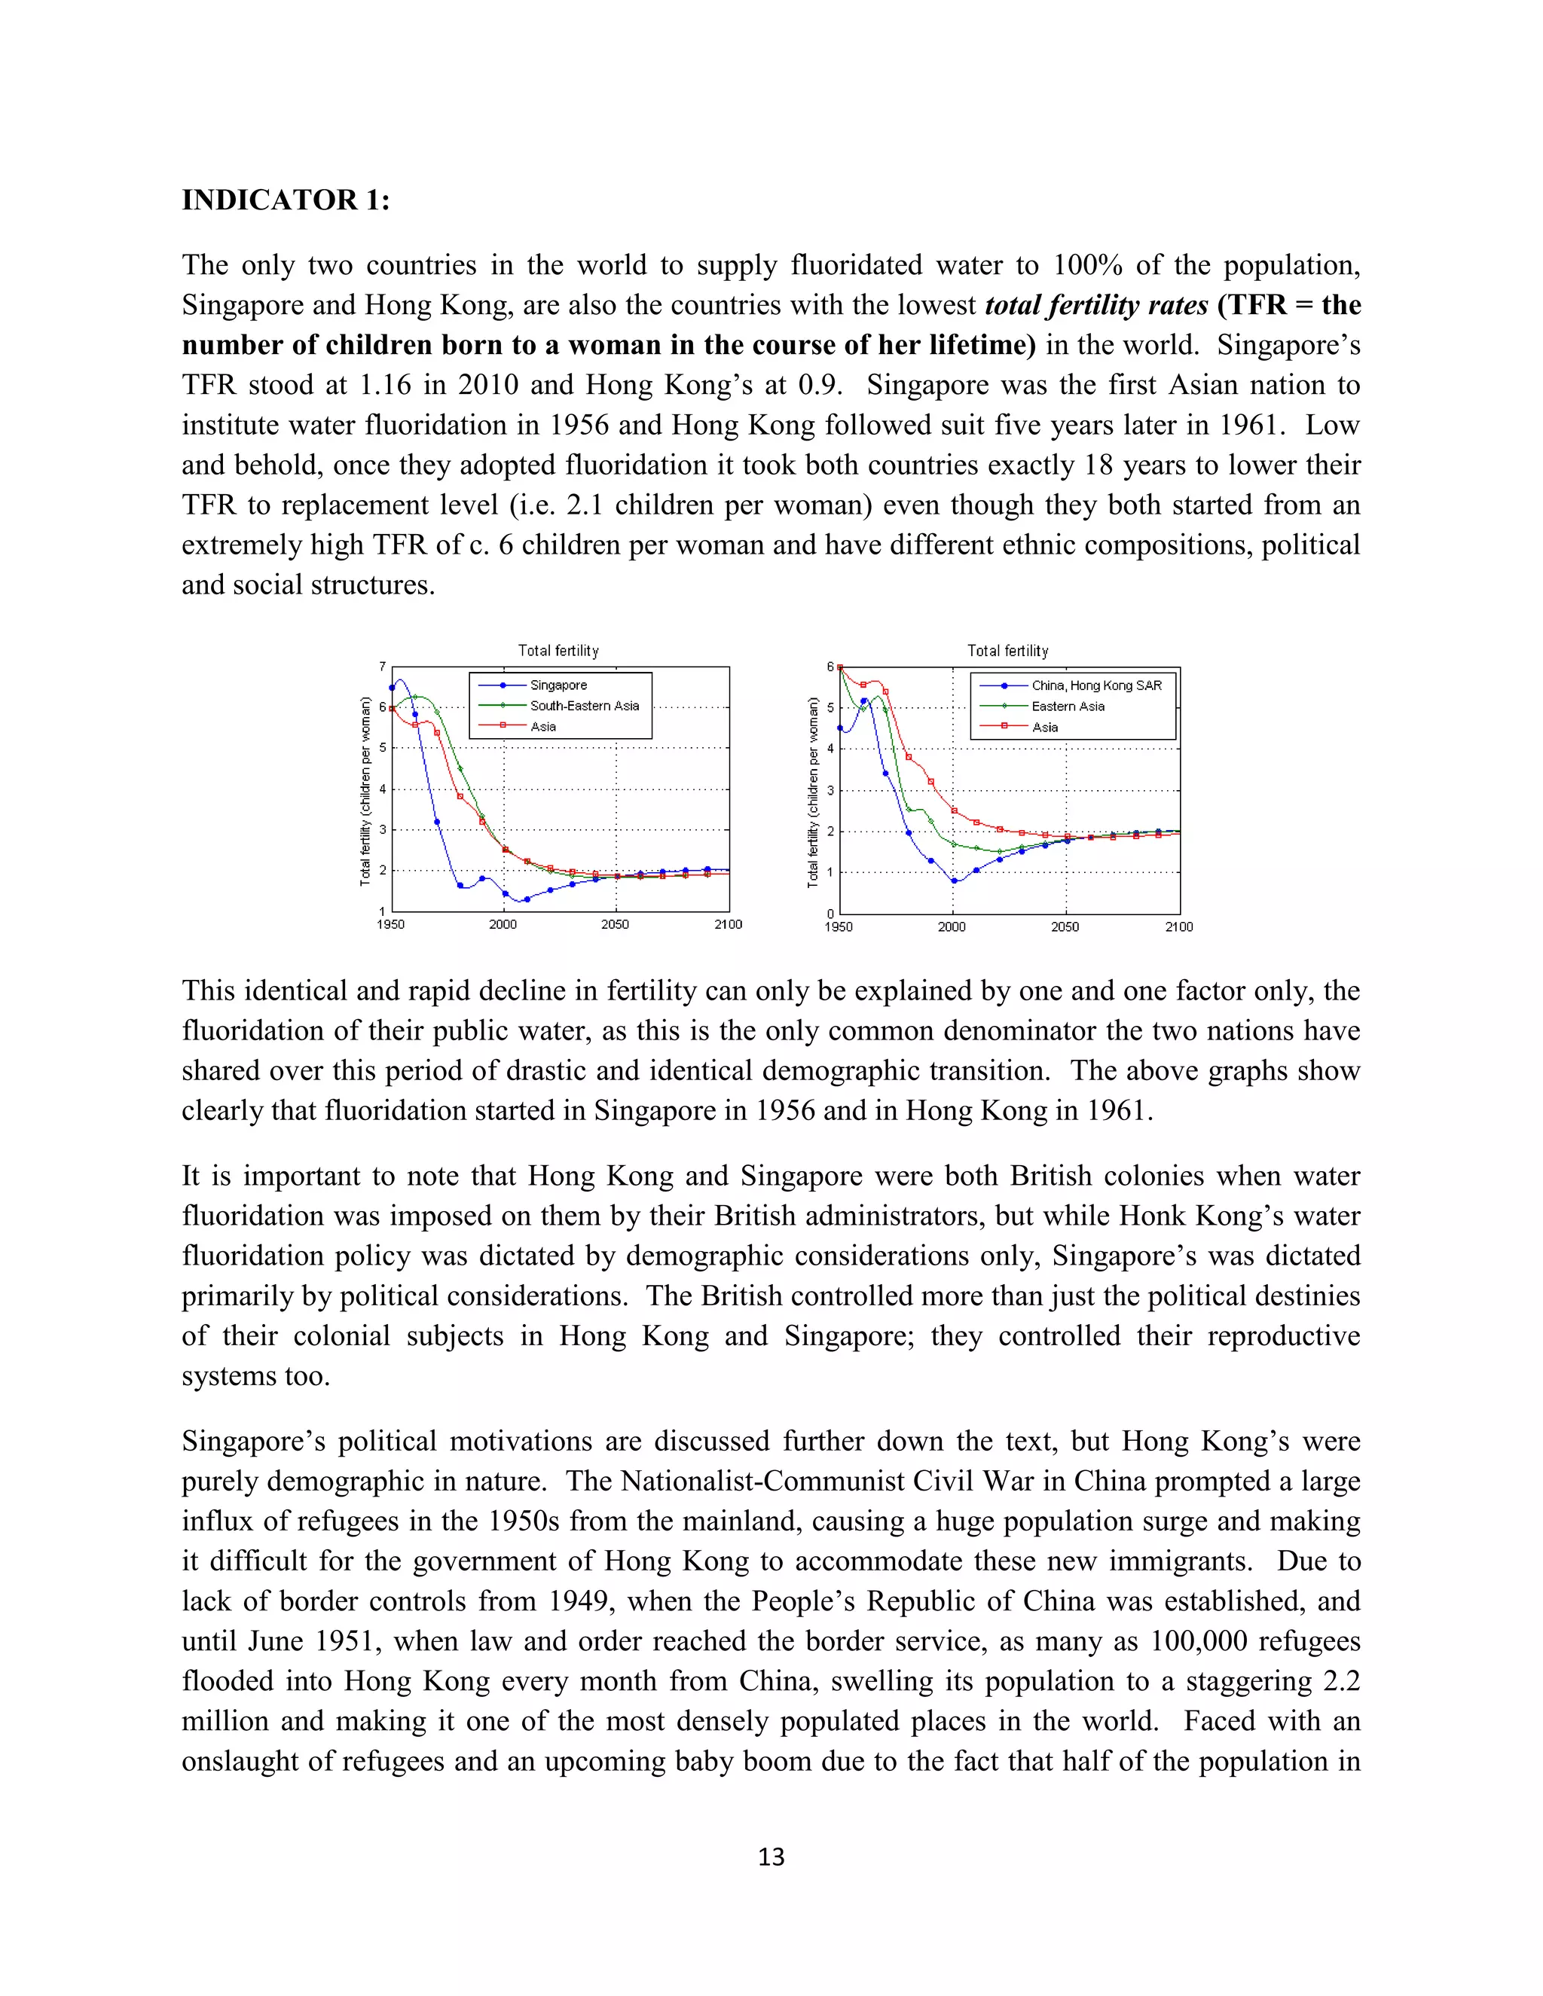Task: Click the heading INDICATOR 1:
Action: click(286, 200)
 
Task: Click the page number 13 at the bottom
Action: click(771, 1856)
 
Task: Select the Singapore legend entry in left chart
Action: click(558, 685)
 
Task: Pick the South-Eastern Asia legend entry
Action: click(584, 706)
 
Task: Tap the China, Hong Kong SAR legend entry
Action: click(1096, 685)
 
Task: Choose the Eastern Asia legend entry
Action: click(1068, 707)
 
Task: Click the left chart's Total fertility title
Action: click(558, 651)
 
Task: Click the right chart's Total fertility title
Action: click(1007, 651)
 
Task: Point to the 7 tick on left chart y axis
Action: click(383, 667)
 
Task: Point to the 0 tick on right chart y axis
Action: click(830, 913)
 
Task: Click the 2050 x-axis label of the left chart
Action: click(616, 925)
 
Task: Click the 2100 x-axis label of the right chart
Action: click(1178, 926)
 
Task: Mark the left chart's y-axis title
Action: click(365, 792)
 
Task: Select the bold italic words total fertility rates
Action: click(1096, 305)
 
